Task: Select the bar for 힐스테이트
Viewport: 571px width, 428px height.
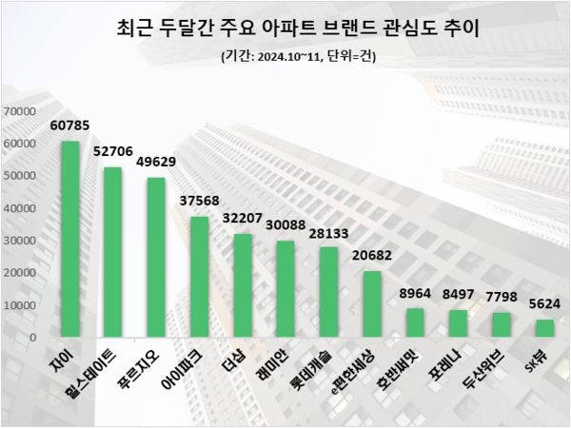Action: [113, 252]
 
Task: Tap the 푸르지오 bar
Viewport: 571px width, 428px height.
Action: [156, 257]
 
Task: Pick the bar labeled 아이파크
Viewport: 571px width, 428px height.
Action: [200, 277]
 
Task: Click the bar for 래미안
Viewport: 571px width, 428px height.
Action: [285, 289]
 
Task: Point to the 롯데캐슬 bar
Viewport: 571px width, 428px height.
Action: [328, 292]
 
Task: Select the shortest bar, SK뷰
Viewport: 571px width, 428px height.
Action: [543, 328]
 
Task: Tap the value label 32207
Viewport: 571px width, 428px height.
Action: [243, 217]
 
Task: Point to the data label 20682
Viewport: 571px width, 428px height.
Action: [372, 254]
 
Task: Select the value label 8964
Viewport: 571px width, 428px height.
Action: [415, 292]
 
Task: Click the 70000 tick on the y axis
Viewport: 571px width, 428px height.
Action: [20, 111]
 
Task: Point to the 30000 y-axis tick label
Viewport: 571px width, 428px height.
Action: [20, 241]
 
